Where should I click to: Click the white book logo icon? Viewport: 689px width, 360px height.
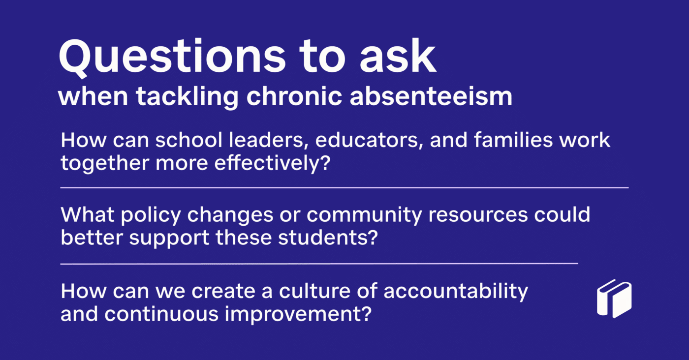[x=614, y=299]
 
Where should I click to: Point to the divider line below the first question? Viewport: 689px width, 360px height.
[x=344, y=188]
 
